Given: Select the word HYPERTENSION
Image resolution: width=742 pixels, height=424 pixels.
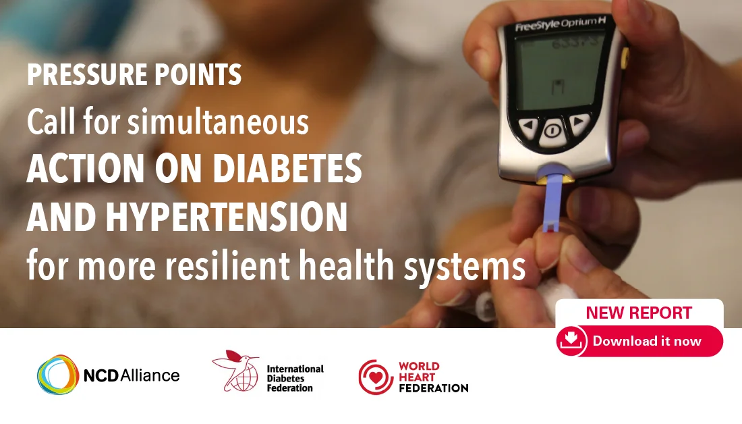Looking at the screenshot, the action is (227, 217).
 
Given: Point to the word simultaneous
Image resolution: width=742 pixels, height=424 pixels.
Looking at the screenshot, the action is (218, 122).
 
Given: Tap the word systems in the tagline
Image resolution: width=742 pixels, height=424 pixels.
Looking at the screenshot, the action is (464, 266).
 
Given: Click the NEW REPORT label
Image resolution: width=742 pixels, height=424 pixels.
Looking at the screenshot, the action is (639, 313).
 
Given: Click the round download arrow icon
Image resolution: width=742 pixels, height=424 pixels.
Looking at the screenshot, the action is (571, 341).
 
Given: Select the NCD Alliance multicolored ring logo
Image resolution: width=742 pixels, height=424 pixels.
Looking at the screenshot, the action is (58, 375).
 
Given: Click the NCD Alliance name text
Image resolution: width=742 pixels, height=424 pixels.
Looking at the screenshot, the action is (132, 375).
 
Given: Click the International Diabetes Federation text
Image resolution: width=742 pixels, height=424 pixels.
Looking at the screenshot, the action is (295, 378).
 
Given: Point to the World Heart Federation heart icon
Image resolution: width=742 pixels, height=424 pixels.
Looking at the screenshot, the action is (376, 377).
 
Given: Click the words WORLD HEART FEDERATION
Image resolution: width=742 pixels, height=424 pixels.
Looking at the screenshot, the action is (434, 377).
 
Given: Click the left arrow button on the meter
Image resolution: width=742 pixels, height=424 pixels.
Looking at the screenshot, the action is (529, 126).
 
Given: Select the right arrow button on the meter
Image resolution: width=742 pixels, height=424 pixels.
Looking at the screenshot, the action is (578, 123).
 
